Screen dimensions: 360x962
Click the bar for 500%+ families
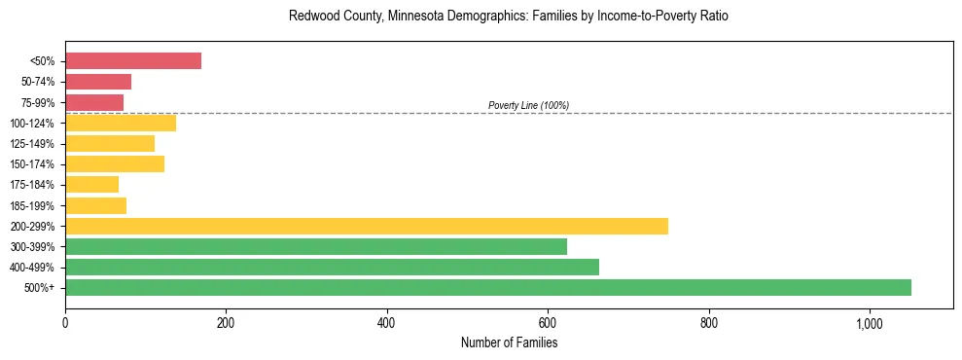[x=487, y=287]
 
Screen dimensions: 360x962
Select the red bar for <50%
[x=133, y=61]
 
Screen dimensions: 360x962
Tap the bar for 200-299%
[x=367, y=226]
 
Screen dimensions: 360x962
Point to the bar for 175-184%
[x=91, y=184]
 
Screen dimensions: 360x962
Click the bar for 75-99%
[x=94, y=102]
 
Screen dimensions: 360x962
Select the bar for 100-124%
[x=121, y=123]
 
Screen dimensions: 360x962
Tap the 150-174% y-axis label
[x=31, y=164]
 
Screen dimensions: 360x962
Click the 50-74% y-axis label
[x=37, y=82]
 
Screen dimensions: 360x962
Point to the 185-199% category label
[x=31, y=205]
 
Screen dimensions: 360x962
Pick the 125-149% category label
[x=31, y=144]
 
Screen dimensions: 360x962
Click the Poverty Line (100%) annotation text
[x=528, y=105]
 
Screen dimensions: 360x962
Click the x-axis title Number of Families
[x=509, y=342]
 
